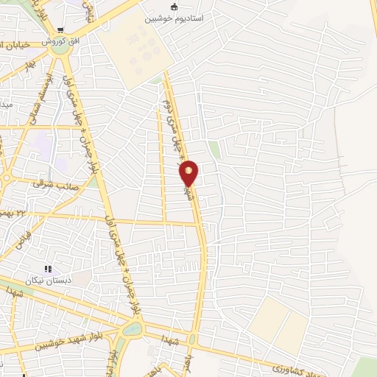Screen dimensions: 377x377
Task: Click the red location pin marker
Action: coord(189,173)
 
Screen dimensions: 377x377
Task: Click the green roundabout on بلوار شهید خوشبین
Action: coord(133,329)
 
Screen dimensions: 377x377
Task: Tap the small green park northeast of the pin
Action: coord(214,149)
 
